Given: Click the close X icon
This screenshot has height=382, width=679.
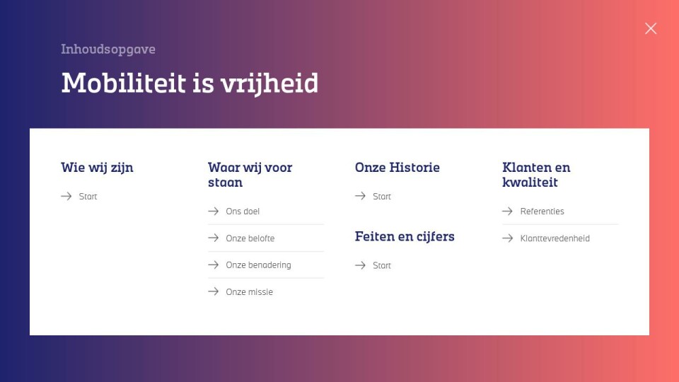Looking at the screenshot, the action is point(651,28).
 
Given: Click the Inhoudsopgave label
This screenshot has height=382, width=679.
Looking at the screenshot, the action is point(108,50).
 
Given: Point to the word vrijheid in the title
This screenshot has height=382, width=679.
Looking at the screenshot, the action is point(269,83).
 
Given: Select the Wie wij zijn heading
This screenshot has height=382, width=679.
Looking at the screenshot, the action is point(97,168).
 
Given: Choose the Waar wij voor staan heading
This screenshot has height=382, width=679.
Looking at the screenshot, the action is point(250,175).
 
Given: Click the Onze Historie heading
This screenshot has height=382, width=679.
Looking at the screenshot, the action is point(397,168).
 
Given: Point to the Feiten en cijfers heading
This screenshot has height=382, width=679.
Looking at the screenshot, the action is point(405,236).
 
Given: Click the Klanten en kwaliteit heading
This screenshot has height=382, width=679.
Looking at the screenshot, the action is point(536,175).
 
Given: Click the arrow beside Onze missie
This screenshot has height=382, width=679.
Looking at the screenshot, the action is point(213,291).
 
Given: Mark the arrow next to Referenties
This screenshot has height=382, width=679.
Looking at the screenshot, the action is point(508,211).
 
